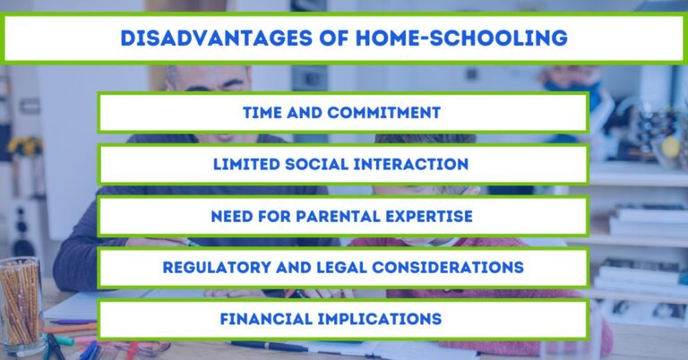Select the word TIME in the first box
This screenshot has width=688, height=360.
tap(263, 113)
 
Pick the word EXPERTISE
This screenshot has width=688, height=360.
tap(431, 217)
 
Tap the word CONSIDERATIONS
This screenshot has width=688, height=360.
tap(447, 268)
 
